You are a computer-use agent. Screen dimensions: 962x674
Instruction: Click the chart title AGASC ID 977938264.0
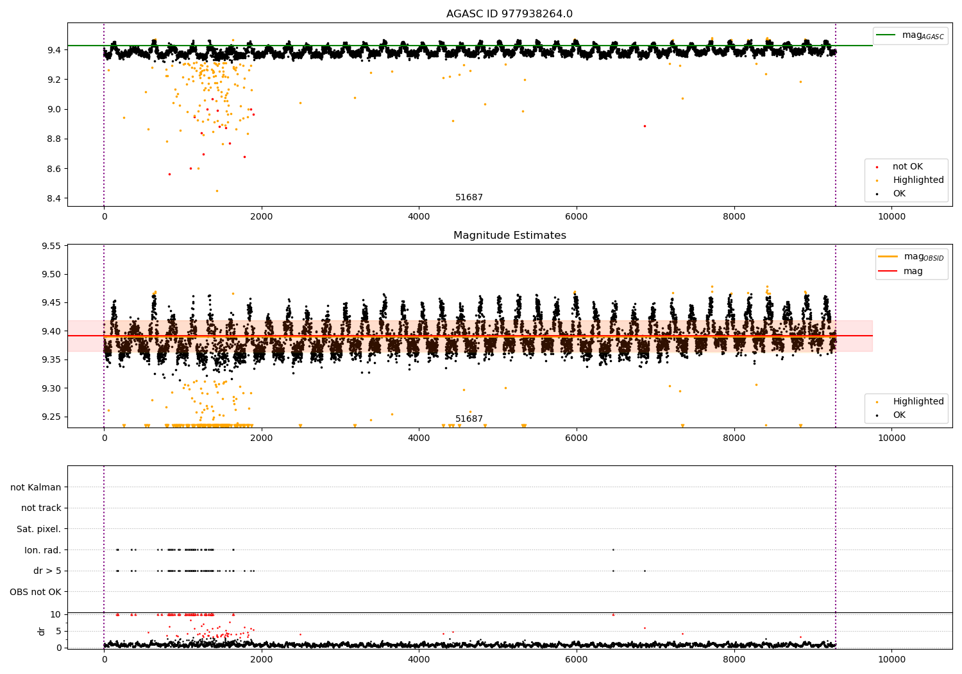pos(509,13)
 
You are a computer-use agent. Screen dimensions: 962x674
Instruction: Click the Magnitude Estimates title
pos(510,235)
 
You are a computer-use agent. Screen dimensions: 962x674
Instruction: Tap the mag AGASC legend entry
pos(911,36)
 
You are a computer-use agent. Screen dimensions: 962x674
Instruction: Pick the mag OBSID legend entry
pos(911,257)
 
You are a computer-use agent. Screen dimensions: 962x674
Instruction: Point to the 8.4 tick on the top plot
pos(55,198)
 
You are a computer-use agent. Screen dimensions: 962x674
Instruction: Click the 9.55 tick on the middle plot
pos(51,246)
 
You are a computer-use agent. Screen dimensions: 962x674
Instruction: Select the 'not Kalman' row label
pos(36,487)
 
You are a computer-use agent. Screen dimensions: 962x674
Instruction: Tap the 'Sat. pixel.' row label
pos(38,529)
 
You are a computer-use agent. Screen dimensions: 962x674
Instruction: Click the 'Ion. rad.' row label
pos(42,550)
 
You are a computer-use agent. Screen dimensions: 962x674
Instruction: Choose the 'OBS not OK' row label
pos(36,592)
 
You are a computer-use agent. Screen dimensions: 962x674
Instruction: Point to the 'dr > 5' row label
pos(47,571)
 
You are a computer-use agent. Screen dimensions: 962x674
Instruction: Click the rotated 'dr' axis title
pos(41,632)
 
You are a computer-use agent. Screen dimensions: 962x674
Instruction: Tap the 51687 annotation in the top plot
pos(469,197)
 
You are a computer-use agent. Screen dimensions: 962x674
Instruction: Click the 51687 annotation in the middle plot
pos(469,419)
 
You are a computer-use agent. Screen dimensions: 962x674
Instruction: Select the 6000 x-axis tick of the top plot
pos(577,217)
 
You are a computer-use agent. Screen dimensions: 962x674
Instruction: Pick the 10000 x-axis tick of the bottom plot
pos(891,659)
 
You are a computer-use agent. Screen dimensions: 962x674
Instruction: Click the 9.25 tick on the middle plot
pos(51,417)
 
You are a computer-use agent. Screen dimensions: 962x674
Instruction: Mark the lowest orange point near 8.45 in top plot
pos(217,191)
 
